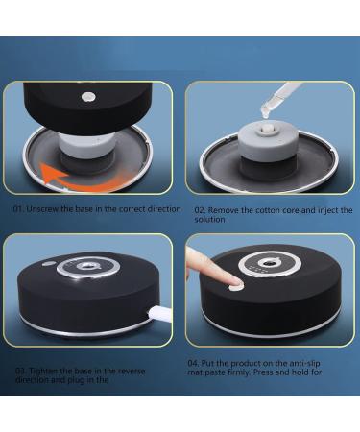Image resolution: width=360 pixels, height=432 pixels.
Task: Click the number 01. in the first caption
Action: point(18,207)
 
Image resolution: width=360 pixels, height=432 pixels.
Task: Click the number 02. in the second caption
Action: point(200,209)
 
